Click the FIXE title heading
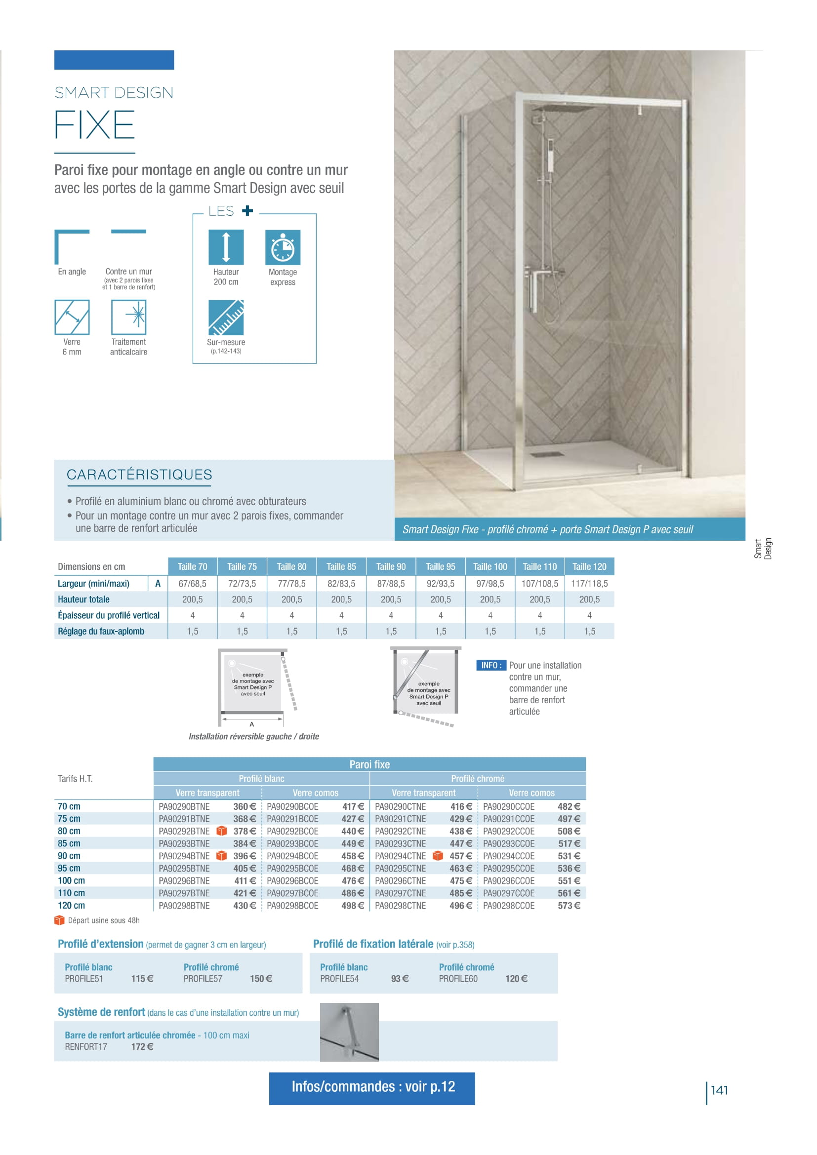click(94, 125)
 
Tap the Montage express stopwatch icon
click(283, 247)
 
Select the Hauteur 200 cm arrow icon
click(226, 247)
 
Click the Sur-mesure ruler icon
click(226, 318)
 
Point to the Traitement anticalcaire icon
click(129, 318)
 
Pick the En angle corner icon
click(72, 247)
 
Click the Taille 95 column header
click(440, 566)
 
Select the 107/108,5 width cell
click(540, 584)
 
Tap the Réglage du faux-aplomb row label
click(101, 632)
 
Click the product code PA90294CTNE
click(401, 856)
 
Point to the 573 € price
click(569, 906)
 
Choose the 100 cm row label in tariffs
click(72, 881)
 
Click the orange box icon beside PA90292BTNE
click(221, 831)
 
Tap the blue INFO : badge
click(490, 666)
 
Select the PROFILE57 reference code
click(203, 979)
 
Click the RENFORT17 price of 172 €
click(142, 1047)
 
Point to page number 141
click(719, 1090)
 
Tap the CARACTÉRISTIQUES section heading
click(139, 475)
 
